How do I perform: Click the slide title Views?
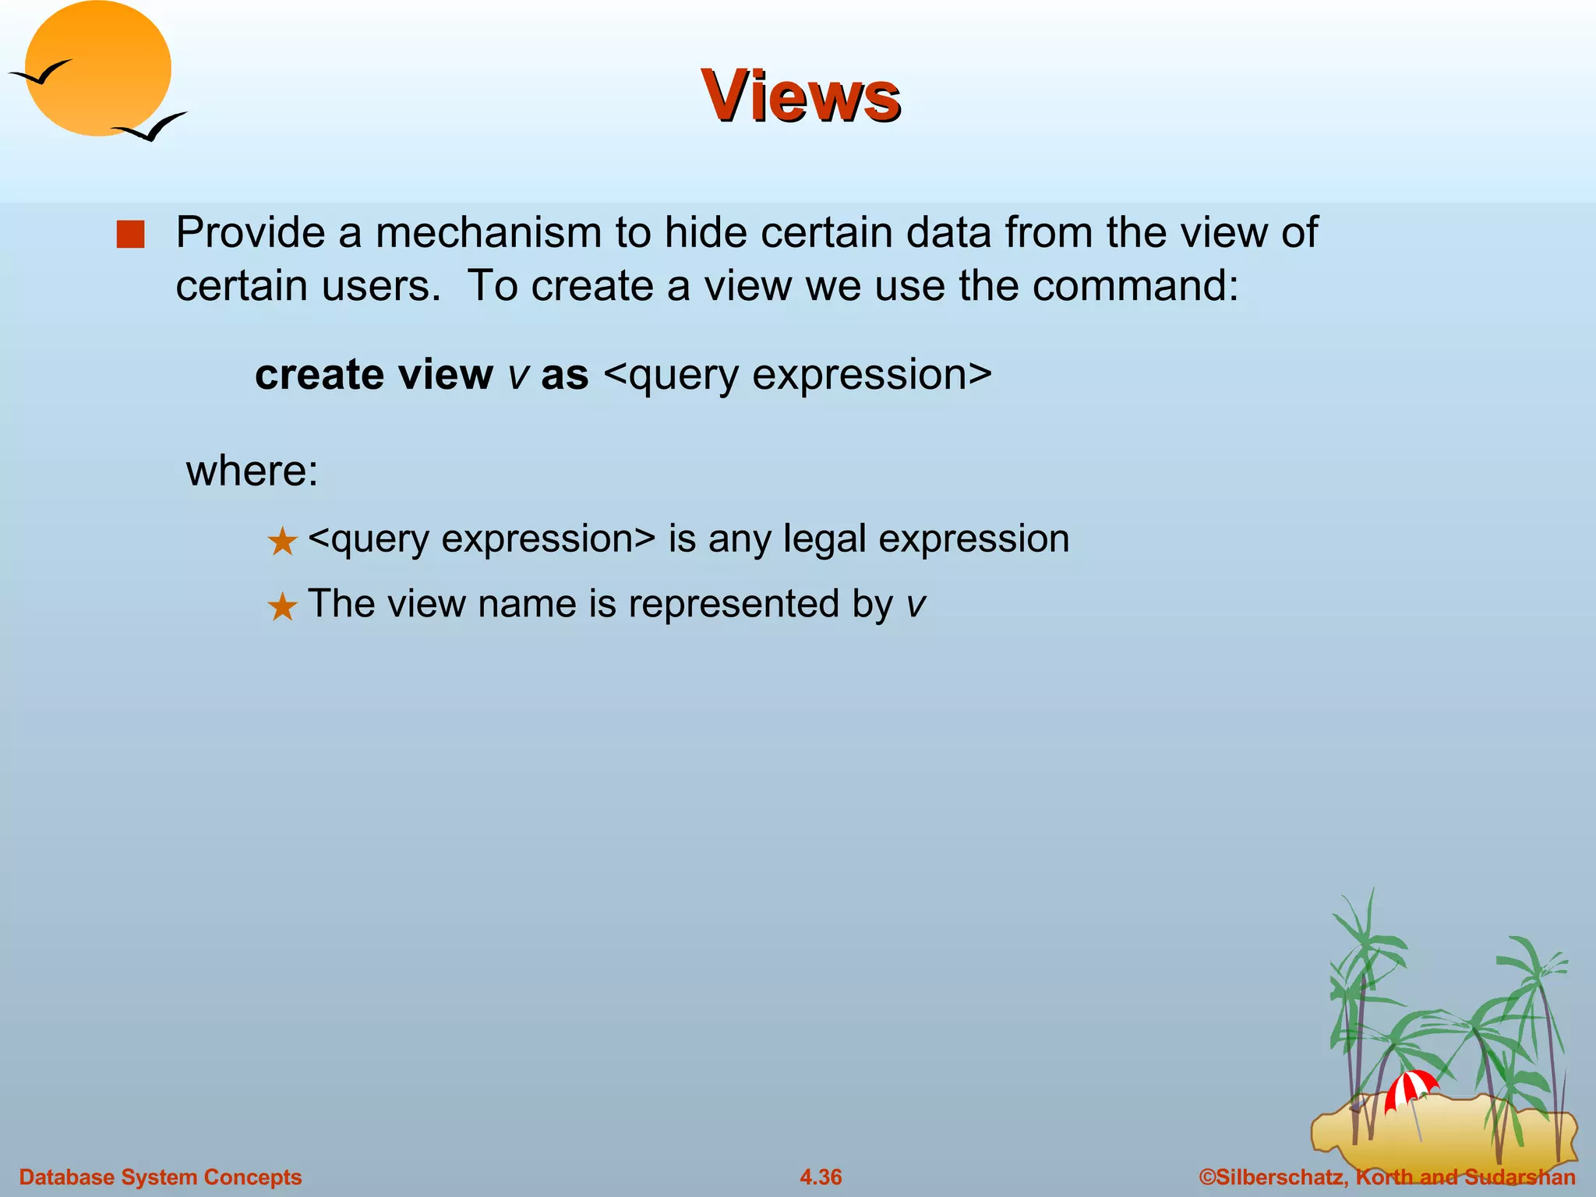tap(800, 96)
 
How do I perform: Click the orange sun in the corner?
tap(97, 69)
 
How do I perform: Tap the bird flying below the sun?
tap(150, 127)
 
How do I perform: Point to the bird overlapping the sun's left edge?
tap(41, 73)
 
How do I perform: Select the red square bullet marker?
tap(130, 235)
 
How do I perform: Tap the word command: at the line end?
tap(1136, 286)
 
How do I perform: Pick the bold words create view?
tap(373, 375)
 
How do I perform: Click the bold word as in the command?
tap(564, 375)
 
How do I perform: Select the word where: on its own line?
tap(252, 471)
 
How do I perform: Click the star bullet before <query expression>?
tap(282, 542)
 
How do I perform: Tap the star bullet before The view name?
tap(282, 606)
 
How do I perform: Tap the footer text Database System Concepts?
tap(161, 1177)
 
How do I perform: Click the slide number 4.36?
tap(821, 1177)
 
